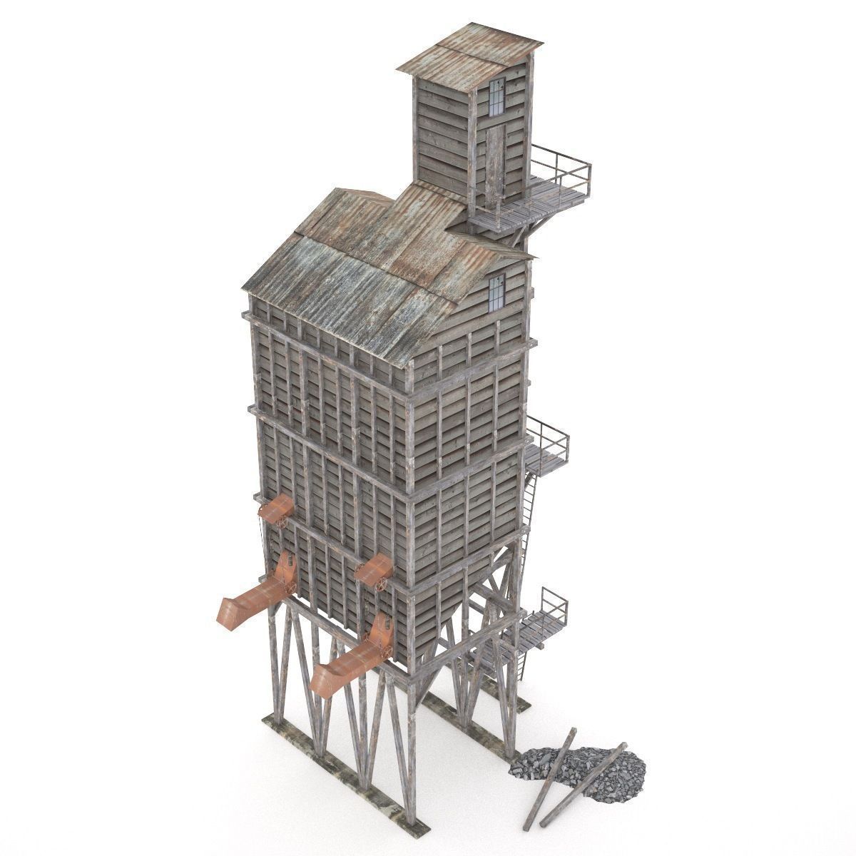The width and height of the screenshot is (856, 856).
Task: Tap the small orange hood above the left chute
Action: coord(276,510)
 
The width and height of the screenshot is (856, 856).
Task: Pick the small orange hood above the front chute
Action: coord(373,571)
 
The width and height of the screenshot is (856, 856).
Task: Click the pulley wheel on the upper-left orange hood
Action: coord(283,522)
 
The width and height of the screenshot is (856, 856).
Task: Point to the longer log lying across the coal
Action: coord(581,785)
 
